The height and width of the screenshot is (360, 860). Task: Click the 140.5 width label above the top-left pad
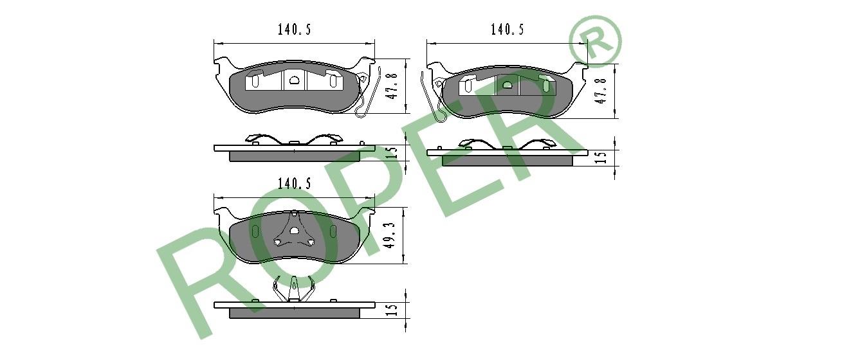(x=294, y=30)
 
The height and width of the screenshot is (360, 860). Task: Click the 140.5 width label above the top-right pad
(x=507, y=29)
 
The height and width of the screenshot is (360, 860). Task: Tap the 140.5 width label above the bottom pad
(x=294, y=183)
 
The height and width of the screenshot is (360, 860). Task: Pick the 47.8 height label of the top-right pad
(x=601, y=91)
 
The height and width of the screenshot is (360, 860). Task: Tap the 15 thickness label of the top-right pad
(x=601, y=157)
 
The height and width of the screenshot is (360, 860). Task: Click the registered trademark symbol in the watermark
(x=595, y=41)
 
